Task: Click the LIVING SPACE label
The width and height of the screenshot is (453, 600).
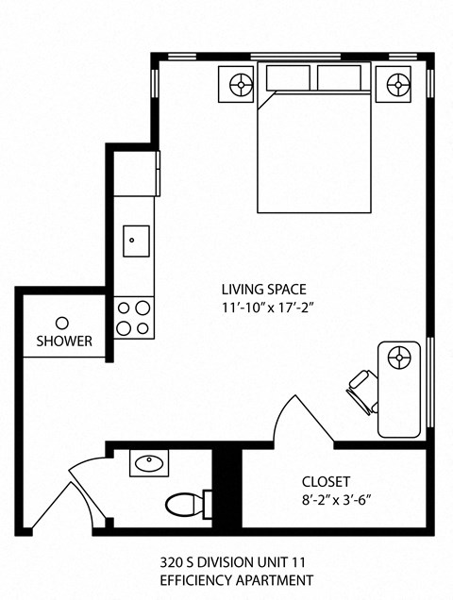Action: [x=263, y=290]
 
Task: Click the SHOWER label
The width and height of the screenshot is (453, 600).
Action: [x=64, y=341]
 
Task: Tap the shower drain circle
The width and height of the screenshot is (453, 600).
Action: [x=62, y=322]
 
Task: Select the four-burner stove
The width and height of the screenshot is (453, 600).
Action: [x=134, y=317]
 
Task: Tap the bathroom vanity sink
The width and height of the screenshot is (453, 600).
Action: [x=150, y=463]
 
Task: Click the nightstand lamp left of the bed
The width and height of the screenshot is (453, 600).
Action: [x=242, y=85]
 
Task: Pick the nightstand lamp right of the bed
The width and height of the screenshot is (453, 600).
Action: [x=396, y=85]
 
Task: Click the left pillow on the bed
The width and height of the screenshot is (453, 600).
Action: [x=290, y=78]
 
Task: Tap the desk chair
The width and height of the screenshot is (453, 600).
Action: [x=362, y=390]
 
